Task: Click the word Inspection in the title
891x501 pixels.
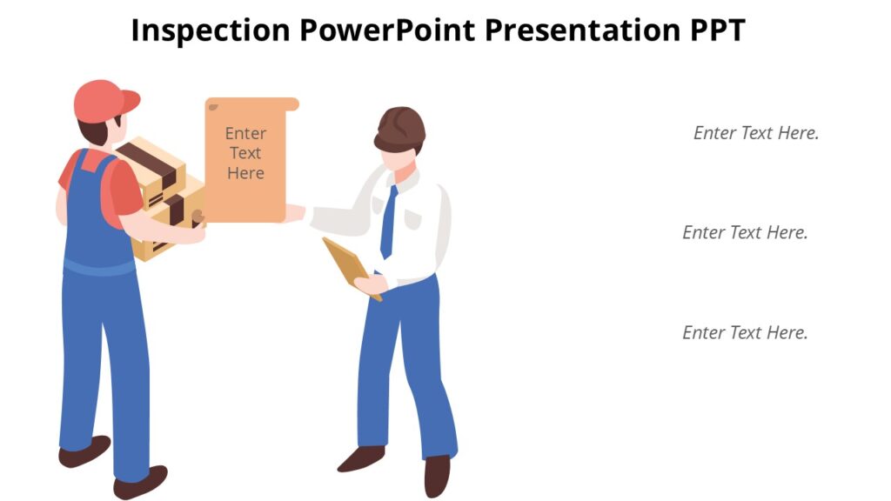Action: coord(211,30)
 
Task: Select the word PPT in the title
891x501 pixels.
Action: coord(713,30)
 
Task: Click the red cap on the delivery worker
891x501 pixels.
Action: coord(104,100)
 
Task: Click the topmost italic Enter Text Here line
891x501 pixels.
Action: coord(756,133)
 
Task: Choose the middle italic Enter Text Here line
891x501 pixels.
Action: coord(745,233)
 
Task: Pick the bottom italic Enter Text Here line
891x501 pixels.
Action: coord(745,333)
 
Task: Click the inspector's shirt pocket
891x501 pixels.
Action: coord(414,214)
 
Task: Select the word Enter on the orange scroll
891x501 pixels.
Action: coord(246,133)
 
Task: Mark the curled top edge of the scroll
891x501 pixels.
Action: coord(252,104)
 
